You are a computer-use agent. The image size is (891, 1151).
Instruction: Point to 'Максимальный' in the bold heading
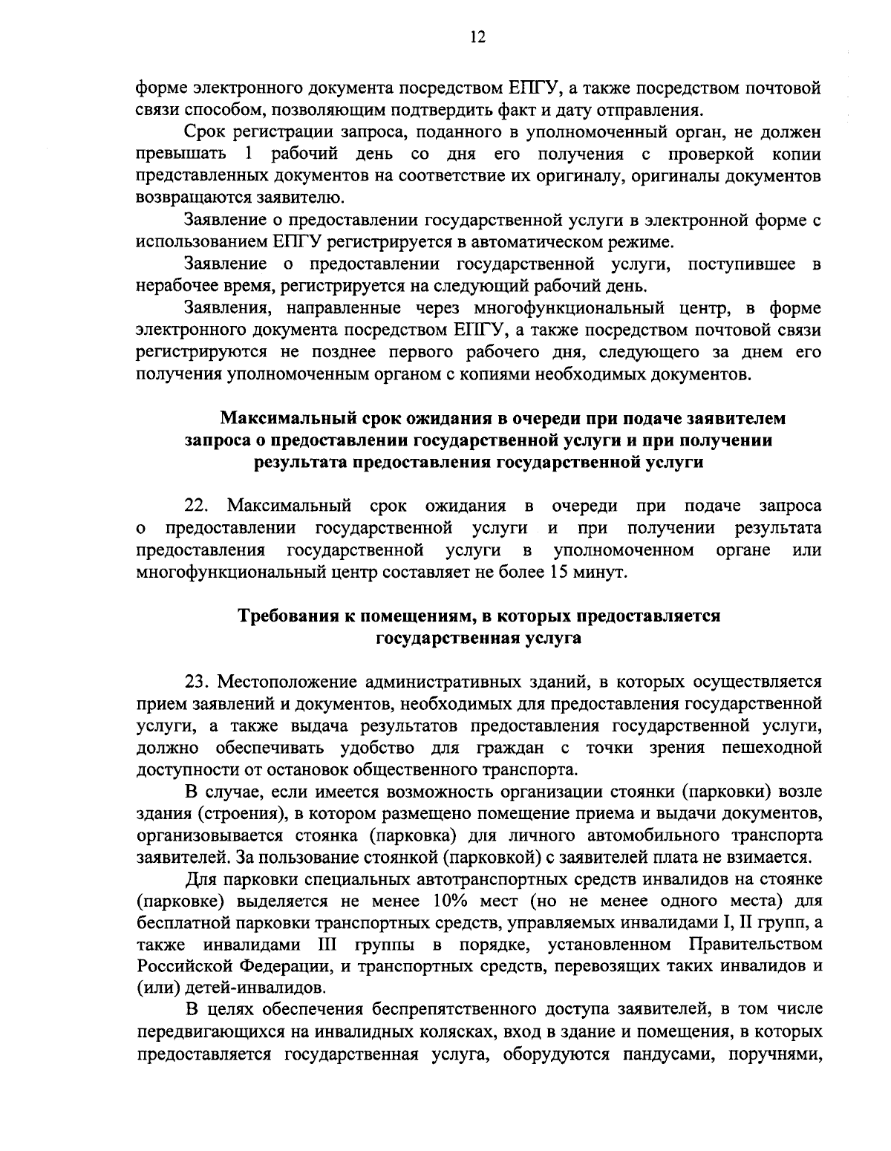(x=284, y=420)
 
